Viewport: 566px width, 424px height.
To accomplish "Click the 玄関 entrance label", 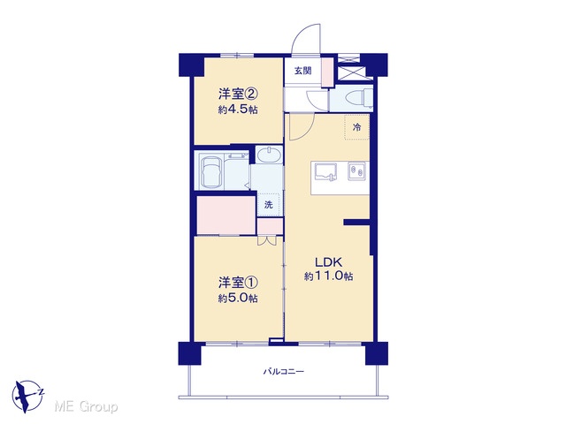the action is coord(302,71).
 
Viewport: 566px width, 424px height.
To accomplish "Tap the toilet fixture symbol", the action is coord(359,98).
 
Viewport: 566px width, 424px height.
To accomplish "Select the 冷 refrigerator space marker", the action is coord(356,127).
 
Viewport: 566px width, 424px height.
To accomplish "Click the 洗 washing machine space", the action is coord(269,205).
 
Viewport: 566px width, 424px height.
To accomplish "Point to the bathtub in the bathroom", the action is coord(211,170).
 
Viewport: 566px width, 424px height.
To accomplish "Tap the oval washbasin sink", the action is coord(270,155).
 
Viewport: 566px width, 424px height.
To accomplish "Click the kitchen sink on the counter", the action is coord(326,172).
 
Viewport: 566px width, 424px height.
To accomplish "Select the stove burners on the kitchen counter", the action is coord(357,170).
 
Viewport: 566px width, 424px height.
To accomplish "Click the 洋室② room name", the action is coord(238,95).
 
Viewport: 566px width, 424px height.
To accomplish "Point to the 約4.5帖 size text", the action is coord(238,110).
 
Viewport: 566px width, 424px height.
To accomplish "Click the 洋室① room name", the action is coord(238,283).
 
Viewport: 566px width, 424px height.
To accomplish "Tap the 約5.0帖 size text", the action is coord(238,299).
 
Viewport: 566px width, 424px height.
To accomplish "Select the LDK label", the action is coord(329,261).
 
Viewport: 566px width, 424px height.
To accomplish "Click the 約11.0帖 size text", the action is coord(328,276).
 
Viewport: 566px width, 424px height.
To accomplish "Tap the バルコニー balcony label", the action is coord(283,371).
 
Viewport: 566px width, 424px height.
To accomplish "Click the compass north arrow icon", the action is coord(27,396).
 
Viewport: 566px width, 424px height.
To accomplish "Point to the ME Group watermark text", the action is coord(87,407).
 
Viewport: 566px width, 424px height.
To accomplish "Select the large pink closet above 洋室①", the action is coord(226,216).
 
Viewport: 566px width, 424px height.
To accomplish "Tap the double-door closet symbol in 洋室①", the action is coord(267,241).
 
